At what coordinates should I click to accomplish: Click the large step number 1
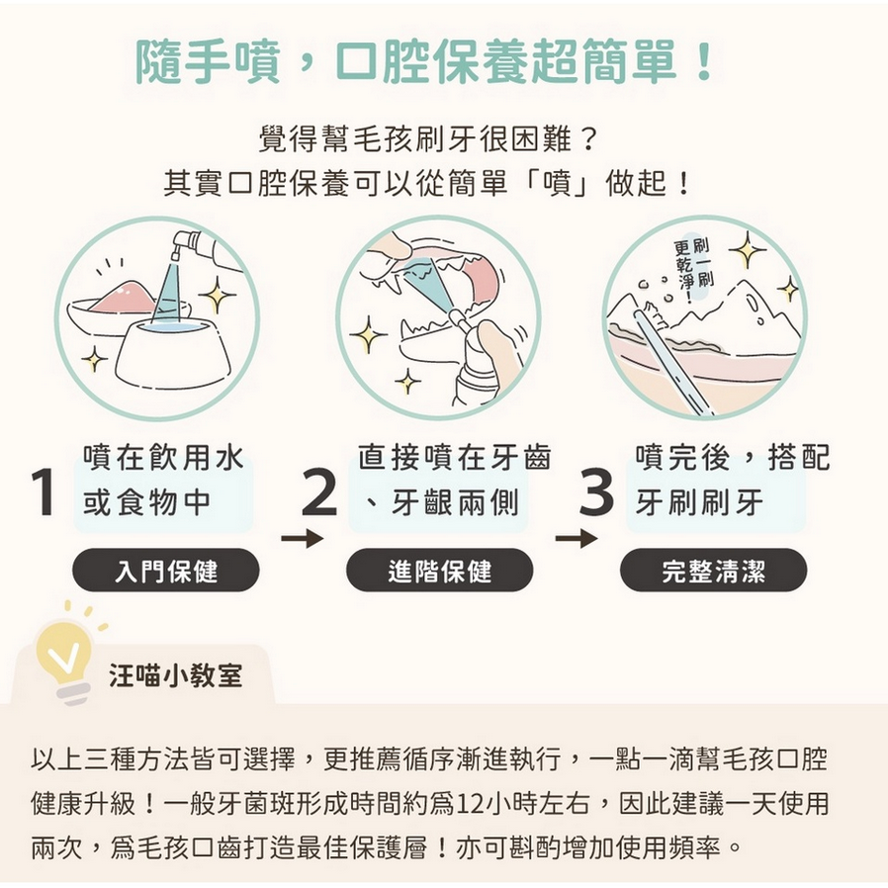pos(44,491)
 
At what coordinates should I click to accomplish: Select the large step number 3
pos(596,491)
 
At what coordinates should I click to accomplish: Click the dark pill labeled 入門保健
pos(166,570)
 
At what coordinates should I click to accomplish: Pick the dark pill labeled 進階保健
pos(439,570)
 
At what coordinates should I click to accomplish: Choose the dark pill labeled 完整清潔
pos(714,570)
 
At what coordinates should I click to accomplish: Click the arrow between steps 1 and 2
pos(302,539)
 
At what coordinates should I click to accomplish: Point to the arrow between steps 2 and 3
pos(576,539)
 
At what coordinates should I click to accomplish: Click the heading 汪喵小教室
pos(176,675)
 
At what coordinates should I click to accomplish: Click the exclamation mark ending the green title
pos(705,60)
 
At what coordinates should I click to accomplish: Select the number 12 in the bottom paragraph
pos(467,804)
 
